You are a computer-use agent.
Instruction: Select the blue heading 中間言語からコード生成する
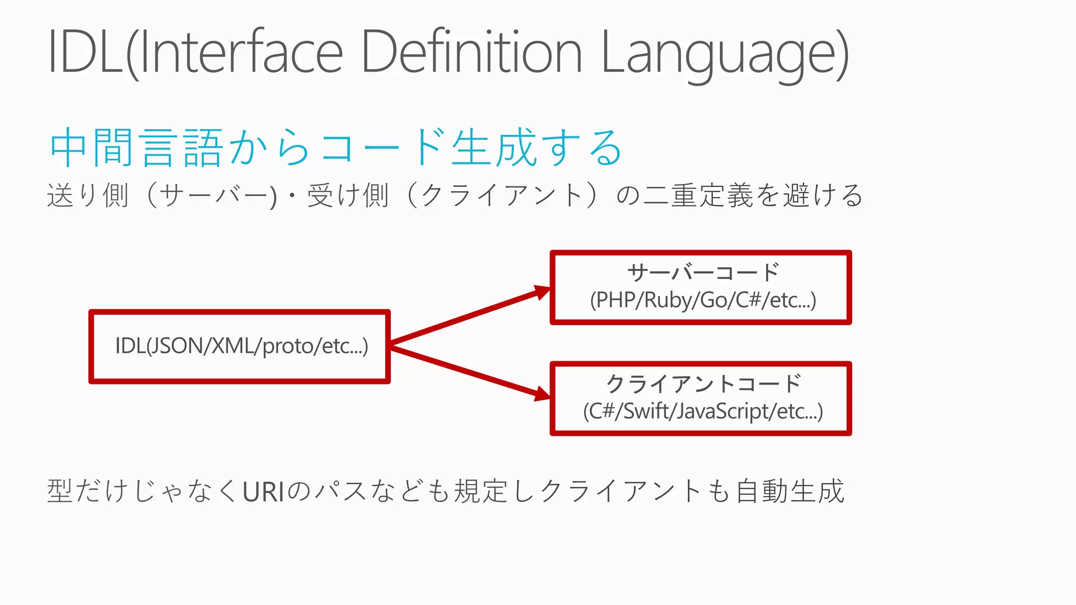pos(336,148)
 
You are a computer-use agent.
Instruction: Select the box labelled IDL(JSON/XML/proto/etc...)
pos(240,347)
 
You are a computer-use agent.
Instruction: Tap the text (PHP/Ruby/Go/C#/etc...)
pos(703,300)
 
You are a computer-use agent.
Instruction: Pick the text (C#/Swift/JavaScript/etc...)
pos(703,411)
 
